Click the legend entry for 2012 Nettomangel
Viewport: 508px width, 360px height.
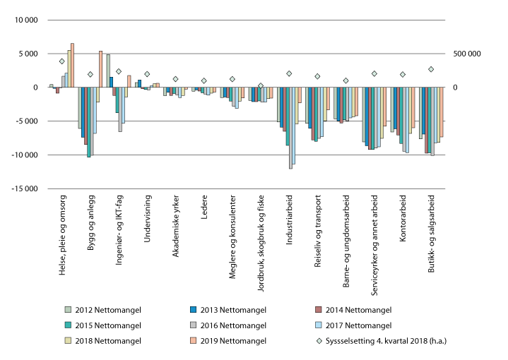pos(101,309)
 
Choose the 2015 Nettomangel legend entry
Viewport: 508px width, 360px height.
pos(101,325)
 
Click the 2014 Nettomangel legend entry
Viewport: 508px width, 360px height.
pos(351,309)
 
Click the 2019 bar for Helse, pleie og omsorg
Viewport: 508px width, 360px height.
pos(72,65)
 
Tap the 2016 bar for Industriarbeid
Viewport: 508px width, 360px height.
pos(290,128)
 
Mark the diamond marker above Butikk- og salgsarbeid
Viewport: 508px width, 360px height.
pos(430,69)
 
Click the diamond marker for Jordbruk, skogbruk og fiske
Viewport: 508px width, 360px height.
pos(261,85)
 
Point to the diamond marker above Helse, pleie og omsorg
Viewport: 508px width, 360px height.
pos(61,61)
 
